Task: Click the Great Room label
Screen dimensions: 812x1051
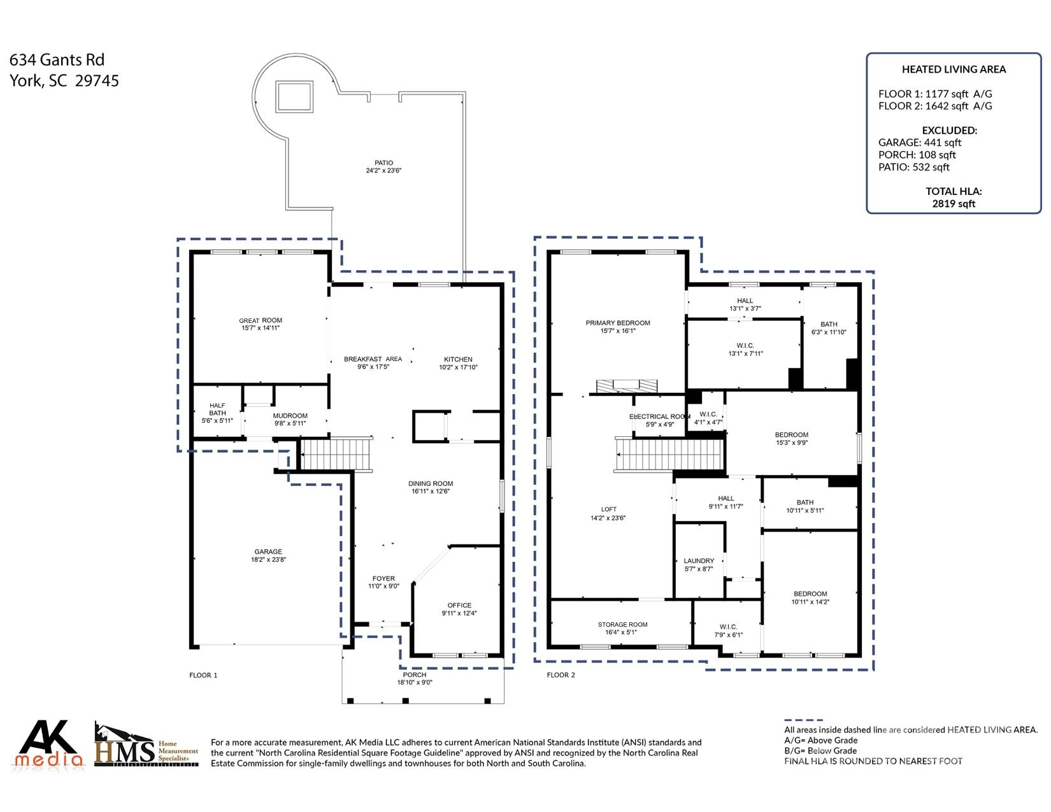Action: click(x=261, y=321)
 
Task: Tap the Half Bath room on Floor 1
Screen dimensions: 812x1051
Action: click(x=217, y=413)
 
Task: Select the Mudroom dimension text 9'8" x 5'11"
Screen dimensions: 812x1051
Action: click(x=290, y=424)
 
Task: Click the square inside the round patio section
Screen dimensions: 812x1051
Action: click(x=294, y=97)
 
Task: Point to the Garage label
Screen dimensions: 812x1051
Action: click(x=268, y=552)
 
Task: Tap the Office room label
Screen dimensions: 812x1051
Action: click(x=459, y=606)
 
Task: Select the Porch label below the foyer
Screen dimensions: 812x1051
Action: click(x=415, y=675)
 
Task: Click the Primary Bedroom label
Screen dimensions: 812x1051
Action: click(x=618, y=324)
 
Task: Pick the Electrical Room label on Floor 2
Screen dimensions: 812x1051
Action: click(x=660, y=417)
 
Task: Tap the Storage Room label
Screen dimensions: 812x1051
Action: click(x=622, y=625)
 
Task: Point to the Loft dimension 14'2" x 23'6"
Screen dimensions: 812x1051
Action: click(x=608, y=518)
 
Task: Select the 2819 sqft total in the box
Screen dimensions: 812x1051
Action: click(x=954, y=204)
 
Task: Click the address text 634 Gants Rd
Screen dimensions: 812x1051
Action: click(x=57, y=60)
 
